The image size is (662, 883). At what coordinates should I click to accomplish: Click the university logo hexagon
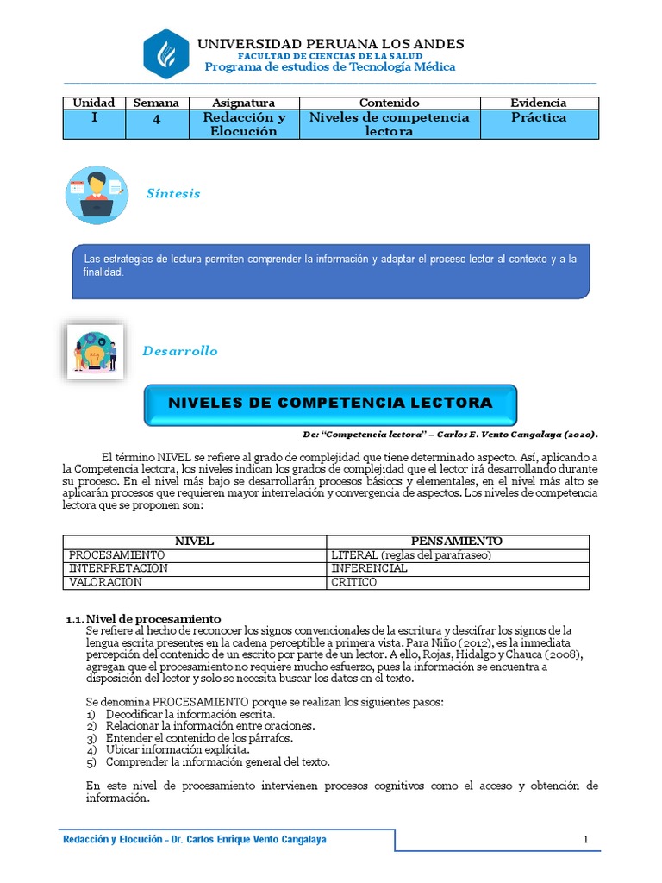[x=165, y=53]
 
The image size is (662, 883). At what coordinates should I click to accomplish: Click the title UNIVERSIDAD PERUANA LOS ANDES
[x=331, y=43]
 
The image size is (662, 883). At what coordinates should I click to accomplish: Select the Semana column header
[x=156, y=103]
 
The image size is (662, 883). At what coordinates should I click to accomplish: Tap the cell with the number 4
[x=156, y=120]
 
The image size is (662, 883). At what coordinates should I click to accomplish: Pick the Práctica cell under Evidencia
[x=538, y=117]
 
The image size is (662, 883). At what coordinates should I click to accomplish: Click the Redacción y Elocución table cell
[x=244, y=124]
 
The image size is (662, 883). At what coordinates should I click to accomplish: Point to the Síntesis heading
[x=173, y=193]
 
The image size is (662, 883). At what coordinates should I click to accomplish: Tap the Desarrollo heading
[x=180, y=351]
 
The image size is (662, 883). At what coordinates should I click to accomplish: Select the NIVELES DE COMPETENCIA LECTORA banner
[x=330, y=404]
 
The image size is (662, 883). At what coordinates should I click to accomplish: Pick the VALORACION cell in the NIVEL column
[x=106, y=582]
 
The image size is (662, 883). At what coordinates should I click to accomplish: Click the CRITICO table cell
[x=354, y=582]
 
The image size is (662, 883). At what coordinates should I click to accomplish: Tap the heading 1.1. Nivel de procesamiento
[x=144, y=618]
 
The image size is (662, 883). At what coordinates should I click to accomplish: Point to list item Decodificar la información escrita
[x=190, y=715]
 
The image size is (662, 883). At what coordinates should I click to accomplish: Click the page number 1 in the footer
[x=585, y=841]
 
